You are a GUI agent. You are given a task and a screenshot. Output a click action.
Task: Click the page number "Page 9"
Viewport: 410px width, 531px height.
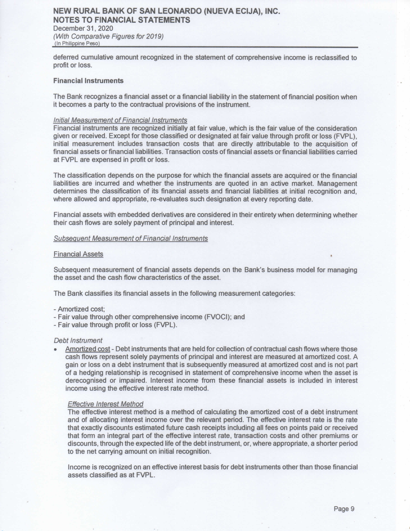pyautogui.click(x=344, y=509)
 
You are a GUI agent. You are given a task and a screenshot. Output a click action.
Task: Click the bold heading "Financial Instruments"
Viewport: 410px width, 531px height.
pyautogui.click(x=88, y=81)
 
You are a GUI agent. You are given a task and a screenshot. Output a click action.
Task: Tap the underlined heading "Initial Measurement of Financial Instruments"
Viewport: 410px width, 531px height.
pyautogui.click(x=120, y=120)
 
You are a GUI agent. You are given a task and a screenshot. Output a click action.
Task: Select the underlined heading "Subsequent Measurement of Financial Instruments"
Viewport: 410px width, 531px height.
pyautogui.click(x=131, y=238)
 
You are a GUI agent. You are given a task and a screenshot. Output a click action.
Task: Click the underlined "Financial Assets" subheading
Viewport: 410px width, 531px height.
pyautogui.click(x=78, y=254)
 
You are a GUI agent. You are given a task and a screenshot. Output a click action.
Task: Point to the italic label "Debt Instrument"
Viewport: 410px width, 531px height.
pyautogui.click(x=78, y=340)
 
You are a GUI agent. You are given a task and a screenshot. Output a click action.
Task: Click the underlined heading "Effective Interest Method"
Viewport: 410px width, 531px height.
pyautogui.click(x=105, y=404)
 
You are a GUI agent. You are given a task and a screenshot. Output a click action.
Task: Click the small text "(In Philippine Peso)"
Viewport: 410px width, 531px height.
pyautogui.click(x=77, y=43)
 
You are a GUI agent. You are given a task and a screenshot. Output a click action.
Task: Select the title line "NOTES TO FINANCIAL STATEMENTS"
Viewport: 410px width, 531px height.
pyautogui.click(x=122, y=20)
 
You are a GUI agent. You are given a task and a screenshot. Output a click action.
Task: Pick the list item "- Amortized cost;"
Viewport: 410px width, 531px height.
pyautogui.click(x=79, y=309)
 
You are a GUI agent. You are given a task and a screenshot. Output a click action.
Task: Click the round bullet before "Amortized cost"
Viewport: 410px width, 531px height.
pyautogui.click(x=56, y=349)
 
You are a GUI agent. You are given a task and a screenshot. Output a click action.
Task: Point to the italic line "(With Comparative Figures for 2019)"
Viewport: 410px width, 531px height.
pyautogui.click(x=108, y=36)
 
